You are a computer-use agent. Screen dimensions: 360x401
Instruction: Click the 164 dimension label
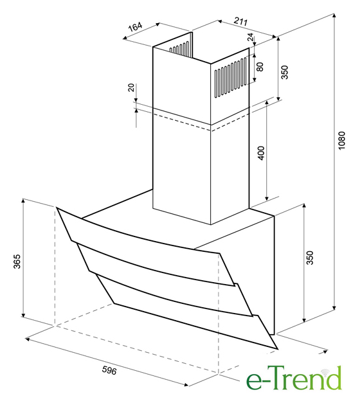(x=134, y=26)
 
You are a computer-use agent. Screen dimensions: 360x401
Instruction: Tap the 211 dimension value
(x=241, y=21)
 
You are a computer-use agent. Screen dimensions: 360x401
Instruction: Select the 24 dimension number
(x=251, y=37)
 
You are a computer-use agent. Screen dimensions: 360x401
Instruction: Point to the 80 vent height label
(x=260, y=67)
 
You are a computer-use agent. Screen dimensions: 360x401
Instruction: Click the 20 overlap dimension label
(x=130, y=87)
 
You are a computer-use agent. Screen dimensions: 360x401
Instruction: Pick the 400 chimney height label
(x=261, y=153)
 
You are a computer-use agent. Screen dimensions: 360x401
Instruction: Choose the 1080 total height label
(x=341, y=140)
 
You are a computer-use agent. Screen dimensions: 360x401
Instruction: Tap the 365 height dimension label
(x=17, y=262)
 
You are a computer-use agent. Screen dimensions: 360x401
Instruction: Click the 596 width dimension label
(x=109, y=371)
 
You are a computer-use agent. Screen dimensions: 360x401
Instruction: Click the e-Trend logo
(x=294, y=379)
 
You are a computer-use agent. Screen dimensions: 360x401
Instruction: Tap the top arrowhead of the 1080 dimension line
(x=334, y=16)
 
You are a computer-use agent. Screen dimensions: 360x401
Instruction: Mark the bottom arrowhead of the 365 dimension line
(x=23, y=314)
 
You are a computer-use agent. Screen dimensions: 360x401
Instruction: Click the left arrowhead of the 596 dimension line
(x=28, y=339)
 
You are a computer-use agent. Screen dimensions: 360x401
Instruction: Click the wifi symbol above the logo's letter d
(x=327, y=371)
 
